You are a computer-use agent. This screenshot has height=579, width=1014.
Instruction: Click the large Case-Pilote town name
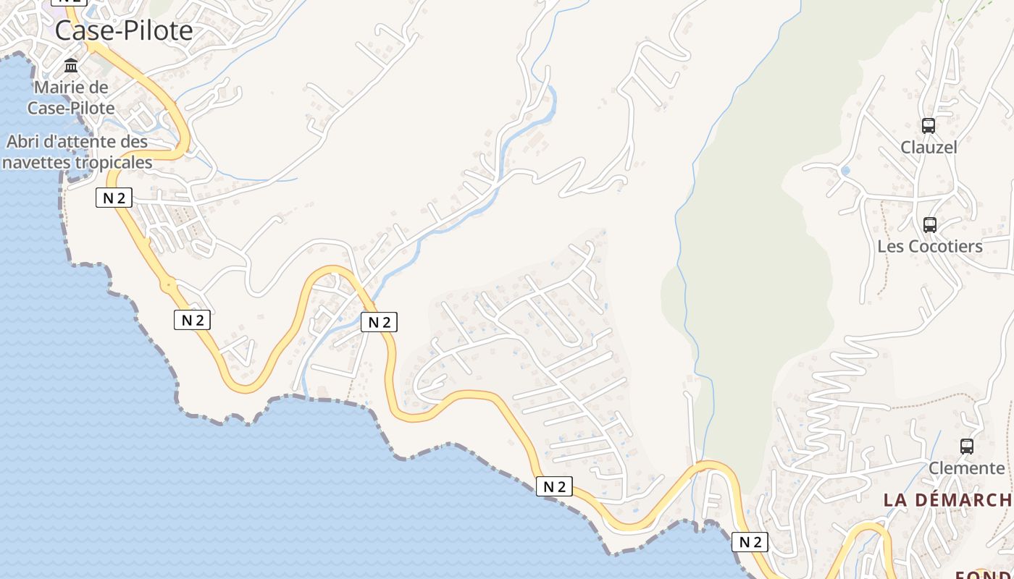point(124,30)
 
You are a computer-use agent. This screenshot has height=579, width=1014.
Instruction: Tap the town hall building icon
point(71,66)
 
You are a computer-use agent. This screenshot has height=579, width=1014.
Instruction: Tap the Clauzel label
point(929,148)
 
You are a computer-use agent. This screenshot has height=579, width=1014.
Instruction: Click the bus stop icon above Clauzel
point(929,126)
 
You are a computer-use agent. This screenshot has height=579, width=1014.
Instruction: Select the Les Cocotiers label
point(930,247)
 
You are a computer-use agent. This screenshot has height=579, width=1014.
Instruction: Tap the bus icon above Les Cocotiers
point(930,225)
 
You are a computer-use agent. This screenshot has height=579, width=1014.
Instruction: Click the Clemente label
point(967,468)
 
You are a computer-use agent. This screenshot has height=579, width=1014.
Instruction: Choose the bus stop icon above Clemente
point(967,447)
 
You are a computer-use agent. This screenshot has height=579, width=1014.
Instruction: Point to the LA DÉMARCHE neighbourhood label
point(947,500)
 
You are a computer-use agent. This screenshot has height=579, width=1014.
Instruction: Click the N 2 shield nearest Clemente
point(750,541)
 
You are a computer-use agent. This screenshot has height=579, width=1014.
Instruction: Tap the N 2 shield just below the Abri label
point(114,198)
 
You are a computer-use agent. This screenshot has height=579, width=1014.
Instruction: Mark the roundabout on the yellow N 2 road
point(169,285)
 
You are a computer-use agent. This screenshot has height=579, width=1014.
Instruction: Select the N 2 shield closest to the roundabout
point(192,319)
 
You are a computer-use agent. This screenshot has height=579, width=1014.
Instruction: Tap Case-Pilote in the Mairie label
point(71,109)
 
